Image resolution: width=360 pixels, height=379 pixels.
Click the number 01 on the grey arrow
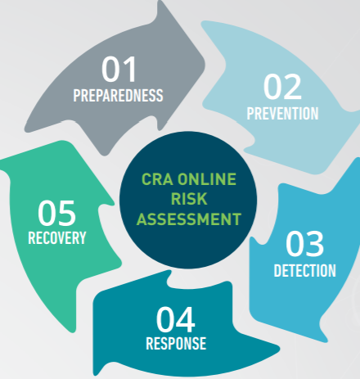pos(119,69)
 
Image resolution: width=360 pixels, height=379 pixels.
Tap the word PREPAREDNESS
pos(118,96)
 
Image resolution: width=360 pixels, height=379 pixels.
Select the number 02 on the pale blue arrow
pos(282,87)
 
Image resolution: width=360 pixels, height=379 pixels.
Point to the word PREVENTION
pos(282,114)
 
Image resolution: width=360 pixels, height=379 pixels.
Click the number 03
pos(304,243)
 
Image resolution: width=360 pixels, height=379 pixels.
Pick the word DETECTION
pos(304,271)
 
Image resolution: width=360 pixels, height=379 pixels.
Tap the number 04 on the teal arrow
pos(176,319)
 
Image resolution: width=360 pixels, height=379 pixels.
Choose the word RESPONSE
pos(176,343)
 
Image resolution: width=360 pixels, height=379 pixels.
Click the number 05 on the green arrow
pos(56,213)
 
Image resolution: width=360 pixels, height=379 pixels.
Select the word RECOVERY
pos(57,238)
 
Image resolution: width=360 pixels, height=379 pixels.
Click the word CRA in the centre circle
pos(157,179)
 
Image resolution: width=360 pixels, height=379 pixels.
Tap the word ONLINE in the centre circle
pos(207,179)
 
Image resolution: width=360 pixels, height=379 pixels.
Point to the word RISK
pos(189,199)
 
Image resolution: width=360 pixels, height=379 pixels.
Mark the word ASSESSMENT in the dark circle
pos(189,219)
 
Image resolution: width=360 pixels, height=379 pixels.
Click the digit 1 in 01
pos(129,69)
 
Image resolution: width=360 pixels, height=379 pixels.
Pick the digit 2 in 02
pos(293,87)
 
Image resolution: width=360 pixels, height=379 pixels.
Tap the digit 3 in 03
pos(315,243)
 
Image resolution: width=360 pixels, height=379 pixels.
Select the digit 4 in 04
pos(186,319)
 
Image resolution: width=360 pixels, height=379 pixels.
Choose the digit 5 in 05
pos(66,213)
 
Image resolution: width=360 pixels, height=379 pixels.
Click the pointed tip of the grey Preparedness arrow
pos(161,2)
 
